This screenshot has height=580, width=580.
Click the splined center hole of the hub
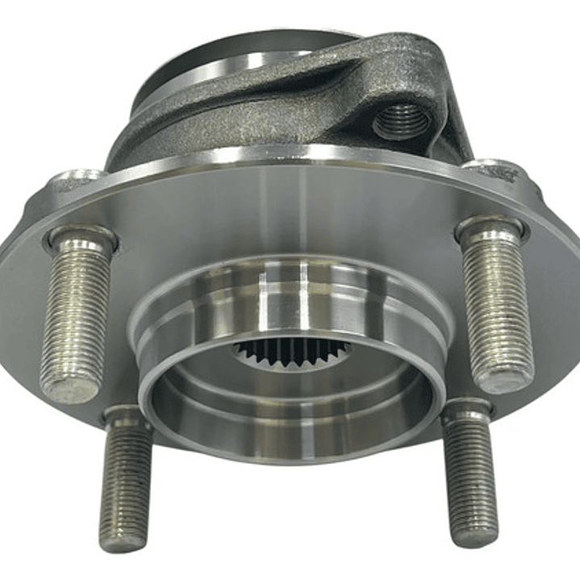click(292, 352)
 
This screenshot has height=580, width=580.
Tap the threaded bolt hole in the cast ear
click(401, 121)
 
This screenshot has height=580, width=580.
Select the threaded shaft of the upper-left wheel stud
click(77, 315)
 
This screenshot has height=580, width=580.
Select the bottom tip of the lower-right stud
click(475, 536)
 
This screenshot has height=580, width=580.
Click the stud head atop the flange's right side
click(495, 169)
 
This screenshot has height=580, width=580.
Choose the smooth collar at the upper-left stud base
click(81, 240)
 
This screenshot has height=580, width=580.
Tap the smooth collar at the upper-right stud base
click(491, 230)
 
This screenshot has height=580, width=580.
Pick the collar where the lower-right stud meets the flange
click(467, 410)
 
